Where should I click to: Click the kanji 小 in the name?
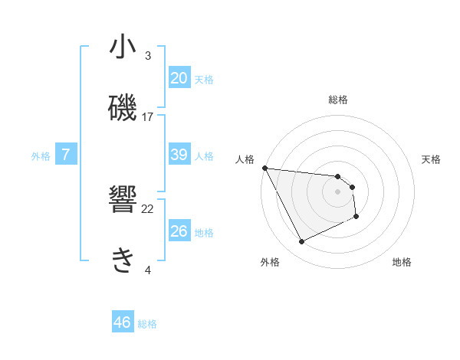[x=123, y=47]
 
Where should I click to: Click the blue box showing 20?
[x=179, y=78]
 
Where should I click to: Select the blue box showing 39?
[x=179, y=155]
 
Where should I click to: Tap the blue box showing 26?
[x=179, y=231]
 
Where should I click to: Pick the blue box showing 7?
[x=66, y=155]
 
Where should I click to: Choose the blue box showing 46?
[x=123, y=323]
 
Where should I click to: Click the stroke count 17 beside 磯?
[x=148, y=117]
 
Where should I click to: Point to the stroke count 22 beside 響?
[x=148, y=209]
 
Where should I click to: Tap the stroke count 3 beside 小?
[x=148, y=56]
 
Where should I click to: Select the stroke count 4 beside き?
[x=148, y=270]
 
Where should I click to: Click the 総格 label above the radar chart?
[x=338, y=100]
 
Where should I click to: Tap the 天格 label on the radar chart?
[x=432, y=159]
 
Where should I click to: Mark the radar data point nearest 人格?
[x=264, y=168]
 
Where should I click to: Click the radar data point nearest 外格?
[x=301, y=242]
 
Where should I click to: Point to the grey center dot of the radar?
[x=338, y=191]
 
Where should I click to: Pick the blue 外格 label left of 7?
[x=41, y=156]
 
